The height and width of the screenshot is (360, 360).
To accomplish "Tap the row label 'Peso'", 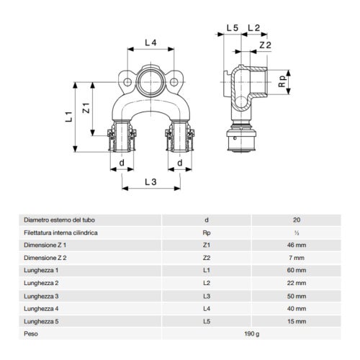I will [x=31, y=334].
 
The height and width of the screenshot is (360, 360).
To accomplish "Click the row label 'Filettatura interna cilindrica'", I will [x=60, y=233].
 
